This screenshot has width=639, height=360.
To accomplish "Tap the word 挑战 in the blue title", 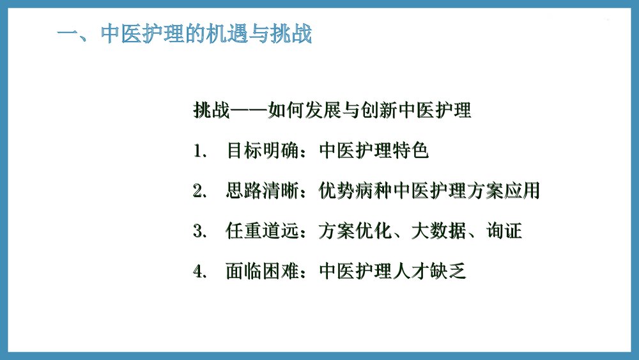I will [291, 34].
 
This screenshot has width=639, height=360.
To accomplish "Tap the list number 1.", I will [199, 152].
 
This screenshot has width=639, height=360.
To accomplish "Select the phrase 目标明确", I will [263, 151].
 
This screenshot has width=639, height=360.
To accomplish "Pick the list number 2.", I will [199, 191].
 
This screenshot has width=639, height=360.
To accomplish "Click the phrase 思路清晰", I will [263, 191].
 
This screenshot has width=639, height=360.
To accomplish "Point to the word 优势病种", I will [355, 191].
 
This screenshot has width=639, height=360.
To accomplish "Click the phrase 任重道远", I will [263, 231].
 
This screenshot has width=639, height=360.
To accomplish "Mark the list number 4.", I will [199, 272].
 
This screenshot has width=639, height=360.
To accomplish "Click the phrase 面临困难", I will [263, 271].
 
